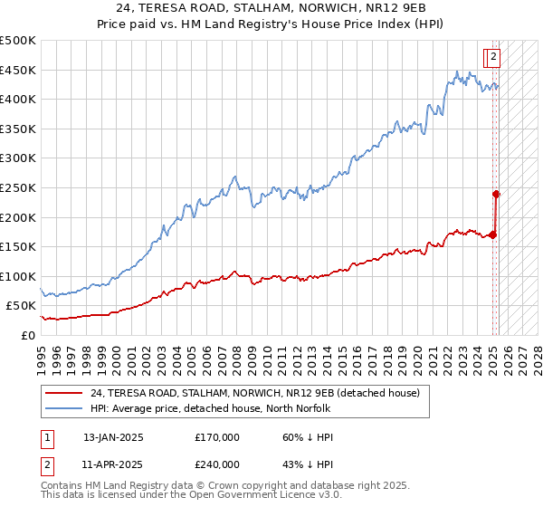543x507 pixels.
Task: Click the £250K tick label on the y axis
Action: click(x=18, y=187)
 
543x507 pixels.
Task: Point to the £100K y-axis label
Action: click(x=18, y=276)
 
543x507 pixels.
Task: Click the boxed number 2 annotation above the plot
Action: click(x=493, y=57)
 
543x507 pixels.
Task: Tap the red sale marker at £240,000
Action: click(x=497, y=193)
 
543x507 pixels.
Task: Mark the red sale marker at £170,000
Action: click(x=493, y=234)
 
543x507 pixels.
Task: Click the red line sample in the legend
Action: click(x=63, y=394)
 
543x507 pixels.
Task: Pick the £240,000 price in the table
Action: click(x=216, y=464)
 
